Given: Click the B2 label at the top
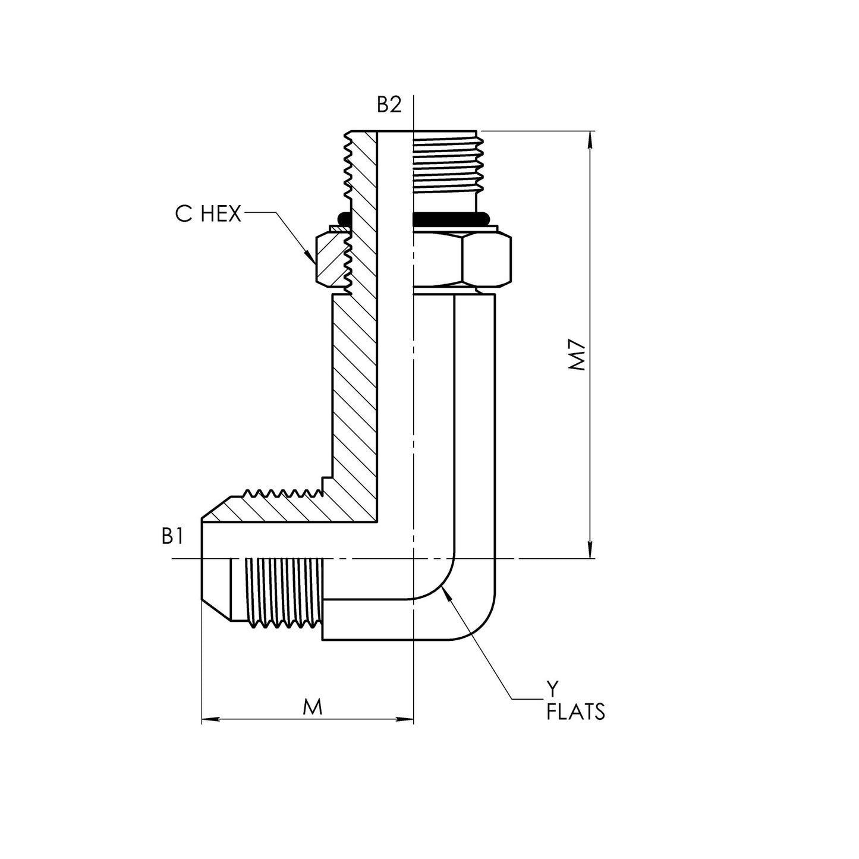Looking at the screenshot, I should [389, 105].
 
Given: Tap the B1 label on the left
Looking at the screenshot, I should [172, 537].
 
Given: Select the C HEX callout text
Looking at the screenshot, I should [209, 214].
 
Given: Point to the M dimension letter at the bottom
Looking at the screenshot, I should [312, 707].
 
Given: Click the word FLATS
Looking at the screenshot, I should [575, 712].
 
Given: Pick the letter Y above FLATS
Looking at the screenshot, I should [553, 690].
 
